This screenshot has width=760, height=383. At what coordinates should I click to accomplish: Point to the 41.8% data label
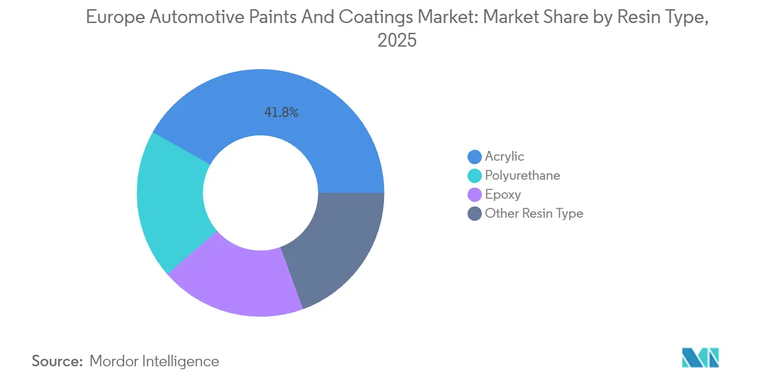point(281,113)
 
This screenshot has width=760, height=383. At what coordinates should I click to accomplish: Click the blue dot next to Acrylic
point(475,157)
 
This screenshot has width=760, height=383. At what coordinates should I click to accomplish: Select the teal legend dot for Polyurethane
point(475,176)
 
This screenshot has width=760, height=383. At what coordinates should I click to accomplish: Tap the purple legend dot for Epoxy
point(475,195)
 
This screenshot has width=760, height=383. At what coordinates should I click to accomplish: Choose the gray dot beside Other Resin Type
point(475,214)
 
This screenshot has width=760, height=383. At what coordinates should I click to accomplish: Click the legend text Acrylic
point(504,157)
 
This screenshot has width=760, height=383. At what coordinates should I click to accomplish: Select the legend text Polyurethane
point(522,176)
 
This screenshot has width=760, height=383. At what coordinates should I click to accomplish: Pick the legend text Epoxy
point(503,195)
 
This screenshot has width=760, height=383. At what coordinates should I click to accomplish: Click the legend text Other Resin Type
point(534,214)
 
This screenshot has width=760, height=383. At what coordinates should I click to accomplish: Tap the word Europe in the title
point(115,17)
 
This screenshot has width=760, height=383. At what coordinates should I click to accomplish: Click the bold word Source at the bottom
point(57,361)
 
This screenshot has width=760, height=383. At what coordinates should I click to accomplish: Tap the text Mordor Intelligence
point(154,361)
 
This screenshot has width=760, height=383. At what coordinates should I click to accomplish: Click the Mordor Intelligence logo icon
point(700,358)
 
